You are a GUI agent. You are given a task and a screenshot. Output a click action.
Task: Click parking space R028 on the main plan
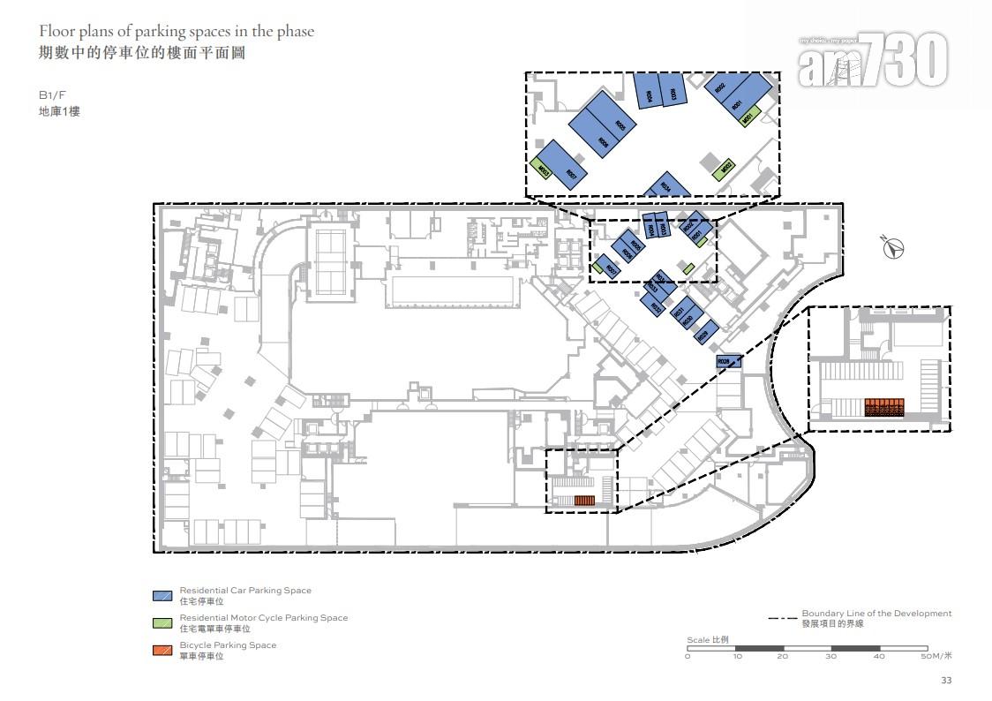pos(728,361)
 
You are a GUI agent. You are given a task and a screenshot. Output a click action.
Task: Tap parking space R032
pos(655,307)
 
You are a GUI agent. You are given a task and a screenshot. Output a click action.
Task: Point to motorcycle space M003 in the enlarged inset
pos(544,170)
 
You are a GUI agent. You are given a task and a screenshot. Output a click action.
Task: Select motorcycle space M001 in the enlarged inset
pos(749,117)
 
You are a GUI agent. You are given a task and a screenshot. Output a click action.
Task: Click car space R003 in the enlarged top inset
pos(673,92)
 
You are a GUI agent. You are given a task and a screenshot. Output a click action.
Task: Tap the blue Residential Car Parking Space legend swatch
pos(162,595)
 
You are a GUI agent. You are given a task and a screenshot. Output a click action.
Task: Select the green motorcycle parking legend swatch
pos(162,622)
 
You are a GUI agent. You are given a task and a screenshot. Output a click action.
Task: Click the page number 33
pos(946,680)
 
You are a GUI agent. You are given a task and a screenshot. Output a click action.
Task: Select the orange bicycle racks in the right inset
pos(884,407)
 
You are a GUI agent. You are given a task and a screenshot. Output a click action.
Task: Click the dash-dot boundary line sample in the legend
pos(780,617)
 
